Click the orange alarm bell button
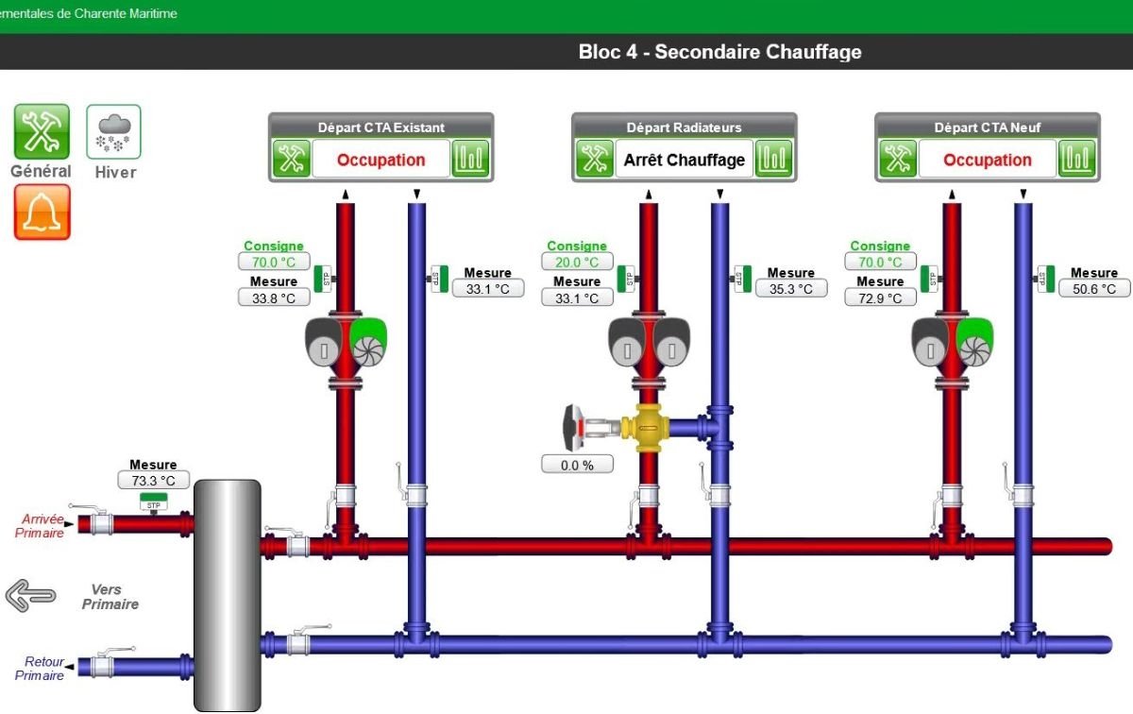pyautogui.click(x=42, y=212)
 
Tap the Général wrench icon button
pyautogui.click(x=42, y=131)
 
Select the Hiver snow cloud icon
pyautogui.click(x=114, y=131)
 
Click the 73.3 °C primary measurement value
pyautogui.click(x=153, y=481)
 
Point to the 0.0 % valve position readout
pyautogui.click(x=577, y=465)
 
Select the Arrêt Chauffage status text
pyautogui.click(x=685, y=160)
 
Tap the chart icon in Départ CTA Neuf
pyautogui.click(x=1076, y=160)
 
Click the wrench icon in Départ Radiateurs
pyautogui.click(x=595, y=160)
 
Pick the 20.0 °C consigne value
pyautogui.click(x=577, y=263)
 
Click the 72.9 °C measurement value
pyautogui.click(x=880, y=298)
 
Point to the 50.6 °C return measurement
pyautogui.click(x=1094, y=289)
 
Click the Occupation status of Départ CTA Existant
pyautogui.click(x=380, y=160)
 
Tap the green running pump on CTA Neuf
pyautogui.click(x=974, y=343)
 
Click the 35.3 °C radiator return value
pyautogui.click(x=791, y=289)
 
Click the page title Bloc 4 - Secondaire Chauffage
pyautogui.click(x=719, y=52)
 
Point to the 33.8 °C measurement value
pyautogui.click(x=274, y=298)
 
